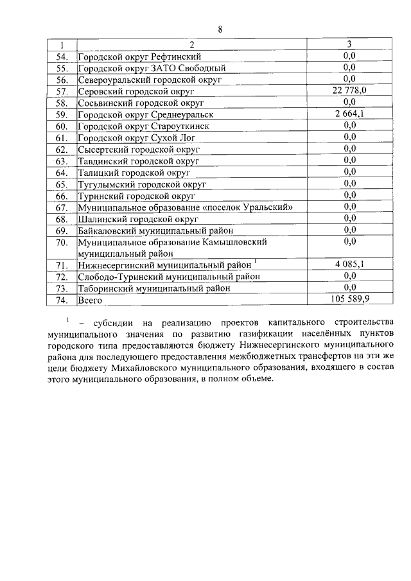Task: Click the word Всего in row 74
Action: pos(90,299)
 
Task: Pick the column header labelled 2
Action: pos(191,45)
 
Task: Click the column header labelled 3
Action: pos(349,44)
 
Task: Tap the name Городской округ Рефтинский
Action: pos(139,56)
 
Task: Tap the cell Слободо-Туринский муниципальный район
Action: pos(169,276)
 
